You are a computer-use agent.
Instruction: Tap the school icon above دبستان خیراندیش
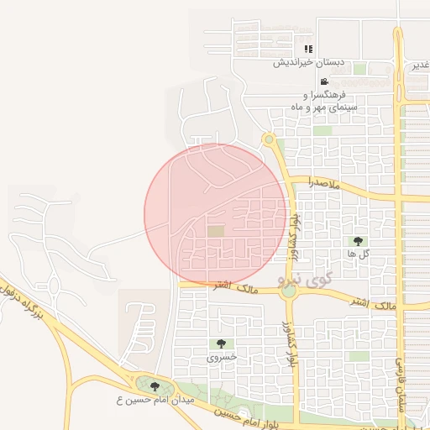pos(308,49)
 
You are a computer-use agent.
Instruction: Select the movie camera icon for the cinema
pos(323,81)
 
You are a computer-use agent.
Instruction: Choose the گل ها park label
pos(359,253)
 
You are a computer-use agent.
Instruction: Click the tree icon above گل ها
pos(359,241)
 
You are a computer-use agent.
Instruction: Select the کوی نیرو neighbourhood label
pos(306,277)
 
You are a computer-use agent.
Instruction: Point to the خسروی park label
pos(222,356)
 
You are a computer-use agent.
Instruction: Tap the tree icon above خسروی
pos(221,343)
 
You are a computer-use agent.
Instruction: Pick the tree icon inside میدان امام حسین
pos(154,386)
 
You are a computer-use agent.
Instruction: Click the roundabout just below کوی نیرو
pos(289,292)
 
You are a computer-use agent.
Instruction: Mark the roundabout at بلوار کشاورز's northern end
pos(269,139)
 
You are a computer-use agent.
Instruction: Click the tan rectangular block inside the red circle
pos(216,230)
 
